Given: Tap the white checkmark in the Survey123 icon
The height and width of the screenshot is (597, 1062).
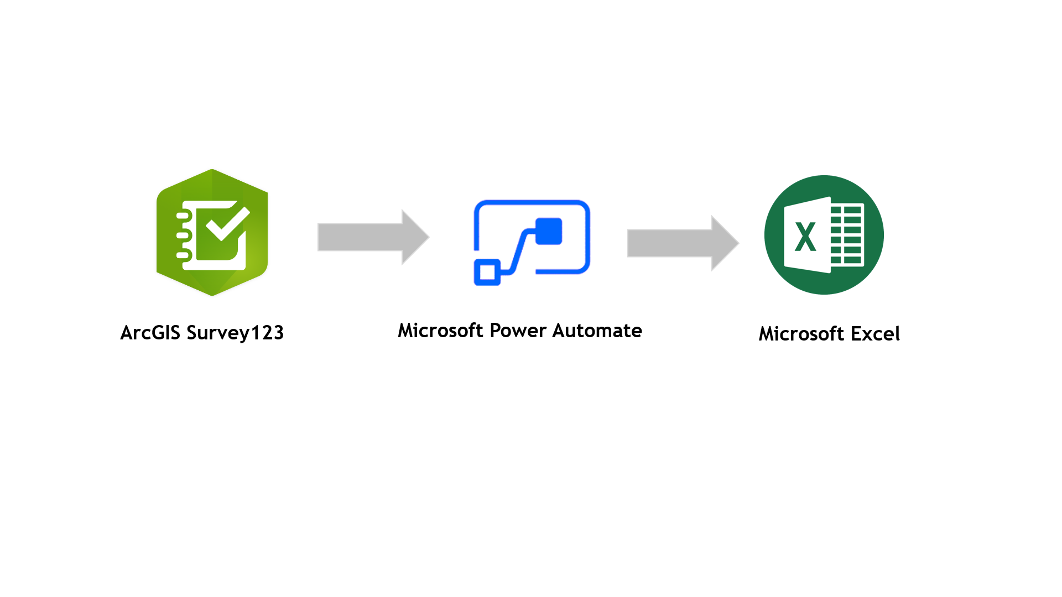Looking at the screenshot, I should (227, 222).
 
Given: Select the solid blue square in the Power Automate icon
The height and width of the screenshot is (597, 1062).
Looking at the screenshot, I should (549, 231).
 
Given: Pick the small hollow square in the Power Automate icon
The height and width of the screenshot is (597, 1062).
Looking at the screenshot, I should (487, 272).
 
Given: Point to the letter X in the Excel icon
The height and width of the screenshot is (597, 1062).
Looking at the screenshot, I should (805, 237).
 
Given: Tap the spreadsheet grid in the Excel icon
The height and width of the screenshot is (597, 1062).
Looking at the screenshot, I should (846, 235).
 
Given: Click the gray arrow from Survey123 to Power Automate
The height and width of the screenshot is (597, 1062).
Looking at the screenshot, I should (365, 237).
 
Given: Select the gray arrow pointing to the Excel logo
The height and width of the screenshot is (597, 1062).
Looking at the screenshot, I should (675, 243).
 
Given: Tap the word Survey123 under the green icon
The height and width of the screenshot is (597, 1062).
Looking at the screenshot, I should (235, 333).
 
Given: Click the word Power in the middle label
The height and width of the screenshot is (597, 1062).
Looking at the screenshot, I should (518, 331).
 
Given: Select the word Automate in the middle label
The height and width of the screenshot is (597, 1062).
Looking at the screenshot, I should (597, 331).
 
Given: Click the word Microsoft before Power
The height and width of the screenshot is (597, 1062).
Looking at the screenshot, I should (441, 331).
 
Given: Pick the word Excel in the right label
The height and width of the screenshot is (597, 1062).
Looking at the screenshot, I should (875, 334).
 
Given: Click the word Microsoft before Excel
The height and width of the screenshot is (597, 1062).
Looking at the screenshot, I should (801, 334).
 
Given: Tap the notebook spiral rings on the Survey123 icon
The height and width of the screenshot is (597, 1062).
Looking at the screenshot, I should (183, 235).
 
